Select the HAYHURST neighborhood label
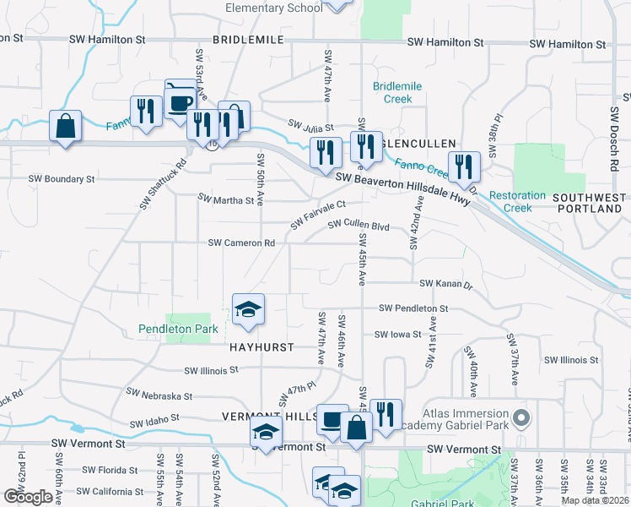262,347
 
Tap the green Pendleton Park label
179,329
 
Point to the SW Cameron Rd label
242,243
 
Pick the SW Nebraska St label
159,394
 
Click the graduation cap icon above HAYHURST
248,310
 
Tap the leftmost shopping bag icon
65,128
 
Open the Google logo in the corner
28,497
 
